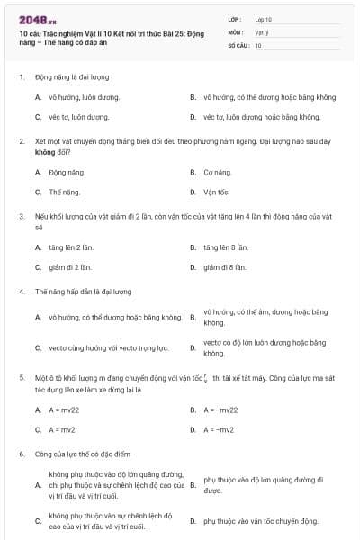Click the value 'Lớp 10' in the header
[x=264, y=18]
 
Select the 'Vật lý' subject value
[x=262, y=31]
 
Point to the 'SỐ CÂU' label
[x=237, y=44]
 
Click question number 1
[x=21, y=77]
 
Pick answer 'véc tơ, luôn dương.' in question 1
[x=79, y=117]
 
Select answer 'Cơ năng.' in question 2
[x=218, y=172]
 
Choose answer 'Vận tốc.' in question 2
[x=217, y=192]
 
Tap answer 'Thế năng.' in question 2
[x=65, y=192]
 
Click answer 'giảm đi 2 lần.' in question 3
[x=70, y=267]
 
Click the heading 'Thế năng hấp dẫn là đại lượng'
[x=83, y=292]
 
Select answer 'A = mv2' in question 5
[x=62, y=430]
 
